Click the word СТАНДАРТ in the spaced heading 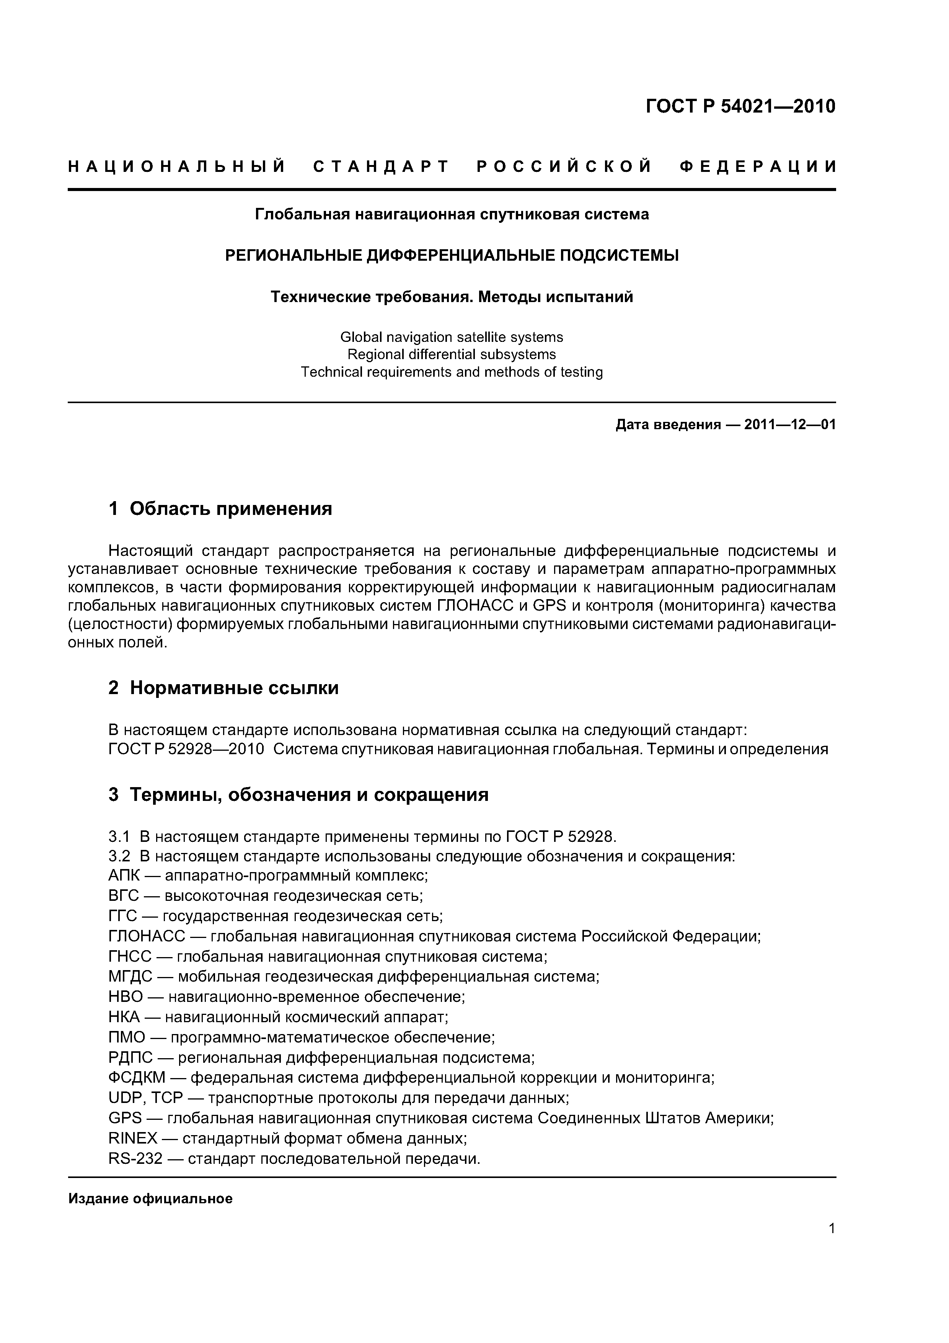point(381,167)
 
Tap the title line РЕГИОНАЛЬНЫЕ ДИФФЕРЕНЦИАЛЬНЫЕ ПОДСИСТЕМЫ point(452,256)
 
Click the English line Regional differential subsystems point(452,355)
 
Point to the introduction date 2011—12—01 point(790,425)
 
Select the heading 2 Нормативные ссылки point(223,688)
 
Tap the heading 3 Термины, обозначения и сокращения point(298,795)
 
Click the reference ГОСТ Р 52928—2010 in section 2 point(186,749)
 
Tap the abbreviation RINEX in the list point(133,1138)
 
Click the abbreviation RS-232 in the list point(135,1158)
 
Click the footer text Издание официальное point(150,1199)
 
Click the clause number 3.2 point(119,856)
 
